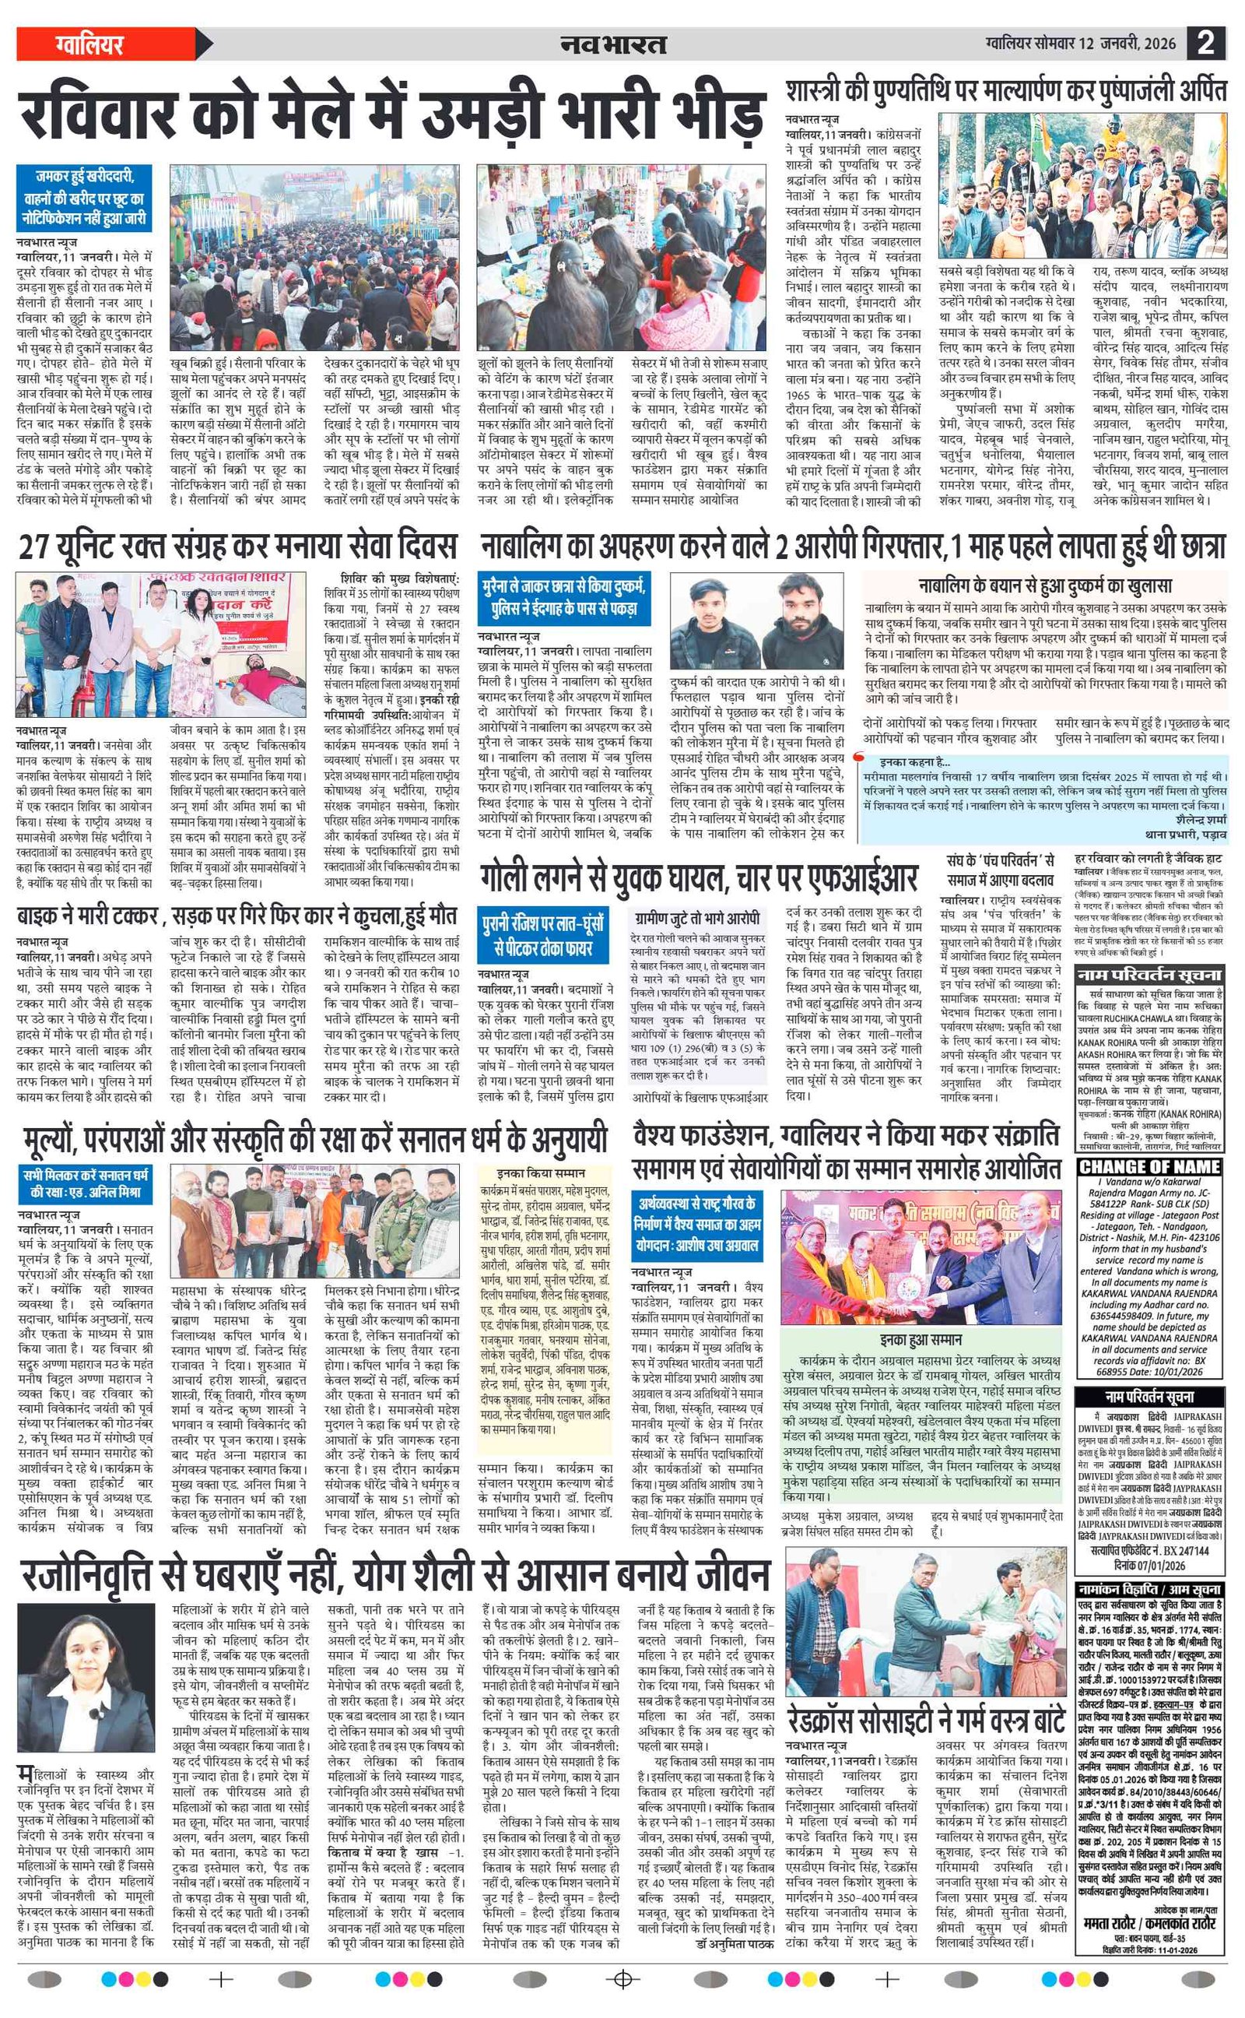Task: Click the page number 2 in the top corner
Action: click(1206, 43)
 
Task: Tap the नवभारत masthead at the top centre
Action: click(612, 44)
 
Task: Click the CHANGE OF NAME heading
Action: click(1149, 1166)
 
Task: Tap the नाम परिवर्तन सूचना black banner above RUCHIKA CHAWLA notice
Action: click(1149, 976)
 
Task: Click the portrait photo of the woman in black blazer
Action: click(86, 1680)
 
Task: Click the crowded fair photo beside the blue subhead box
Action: click(314, 257)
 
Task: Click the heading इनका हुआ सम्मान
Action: click(920, 1340)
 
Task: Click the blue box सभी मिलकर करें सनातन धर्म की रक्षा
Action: click(86, 1183)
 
